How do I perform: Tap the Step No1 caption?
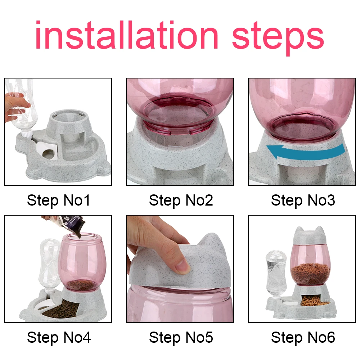[x=59, y=201]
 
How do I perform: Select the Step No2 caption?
[x=181, y=201]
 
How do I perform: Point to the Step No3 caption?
[x=303, y=201]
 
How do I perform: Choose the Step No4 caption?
[x=59, y=338]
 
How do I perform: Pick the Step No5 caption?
[x=181, y=338]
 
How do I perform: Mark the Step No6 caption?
[x=303, y=338]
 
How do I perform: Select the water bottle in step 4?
[x=50, y=263]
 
